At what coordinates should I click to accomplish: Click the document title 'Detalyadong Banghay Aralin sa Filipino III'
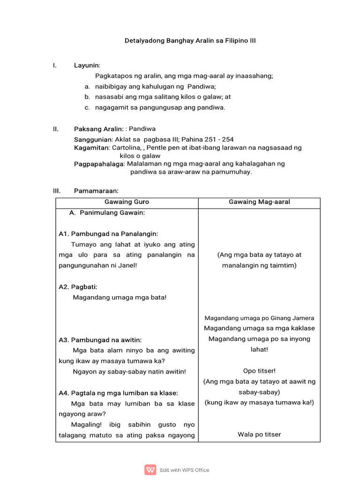tap(190, 41)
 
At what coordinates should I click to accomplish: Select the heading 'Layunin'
tap(87, 65)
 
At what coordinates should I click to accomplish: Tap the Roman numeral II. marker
tap(55, 129)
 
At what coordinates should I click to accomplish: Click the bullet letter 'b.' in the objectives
tap(87, 97)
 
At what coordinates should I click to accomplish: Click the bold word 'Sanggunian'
tap(93, 140)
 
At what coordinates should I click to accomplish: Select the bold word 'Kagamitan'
tap(92, 148)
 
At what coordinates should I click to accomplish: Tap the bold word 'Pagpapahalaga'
tap(99, 164)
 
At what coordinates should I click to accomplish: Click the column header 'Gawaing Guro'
tap(127, 202)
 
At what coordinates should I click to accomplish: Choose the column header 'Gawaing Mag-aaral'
tap(259, 202)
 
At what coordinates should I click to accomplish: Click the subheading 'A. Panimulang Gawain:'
tap(107, 213)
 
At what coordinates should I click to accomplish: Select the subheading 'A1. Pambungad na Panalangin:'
tap(108, 234)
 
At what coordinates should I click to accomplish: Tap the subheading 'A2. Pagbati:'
tap(78, 287)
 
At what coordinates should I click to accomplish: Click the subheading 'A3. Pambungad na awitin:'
tap(100, 340)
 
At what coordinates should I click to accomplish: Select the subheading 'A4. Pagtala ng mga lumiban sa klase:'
tap(118, 393)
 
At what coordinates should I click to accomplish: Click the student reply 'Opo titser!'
tap(259, 371)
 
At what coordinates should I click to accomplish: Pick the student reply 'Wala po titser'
tap(259, 435)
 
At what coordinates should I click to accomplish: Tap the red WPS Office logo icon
tap(150, 470)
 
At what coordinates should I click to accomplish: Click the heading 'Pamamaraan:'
tap(96, 191)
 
